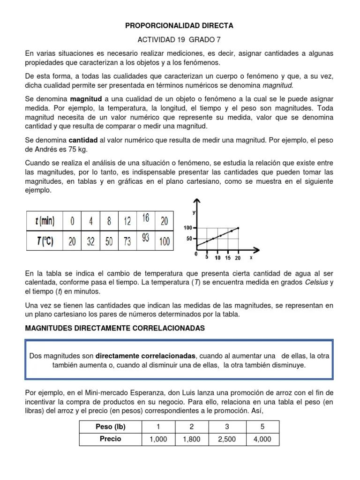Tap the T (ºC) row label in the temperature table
pyautogui.click(x=45, y=241)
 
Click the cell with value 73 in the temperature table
pyautogui.click(x=127, y=241)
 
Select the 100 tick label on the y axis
pyautogui.click(x=188, y=228)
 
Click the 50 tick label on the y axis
pyautogui.click(x=189, y=239)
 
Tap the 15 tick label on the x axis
pyautogui.click(x=228, y=258)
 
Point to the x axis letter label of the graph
pyautogui.click(x=251, y=257)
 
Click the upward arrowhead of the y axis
pyautogui.click(x=199, y=202)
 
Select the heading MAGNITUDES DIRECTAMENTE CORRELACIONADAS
pyautogui.click(x=115, y=328)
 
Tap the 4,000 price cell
pyautogui.click(x=262, y=439)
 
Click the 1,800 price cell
pyautogui.click(x=191, y=439)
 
